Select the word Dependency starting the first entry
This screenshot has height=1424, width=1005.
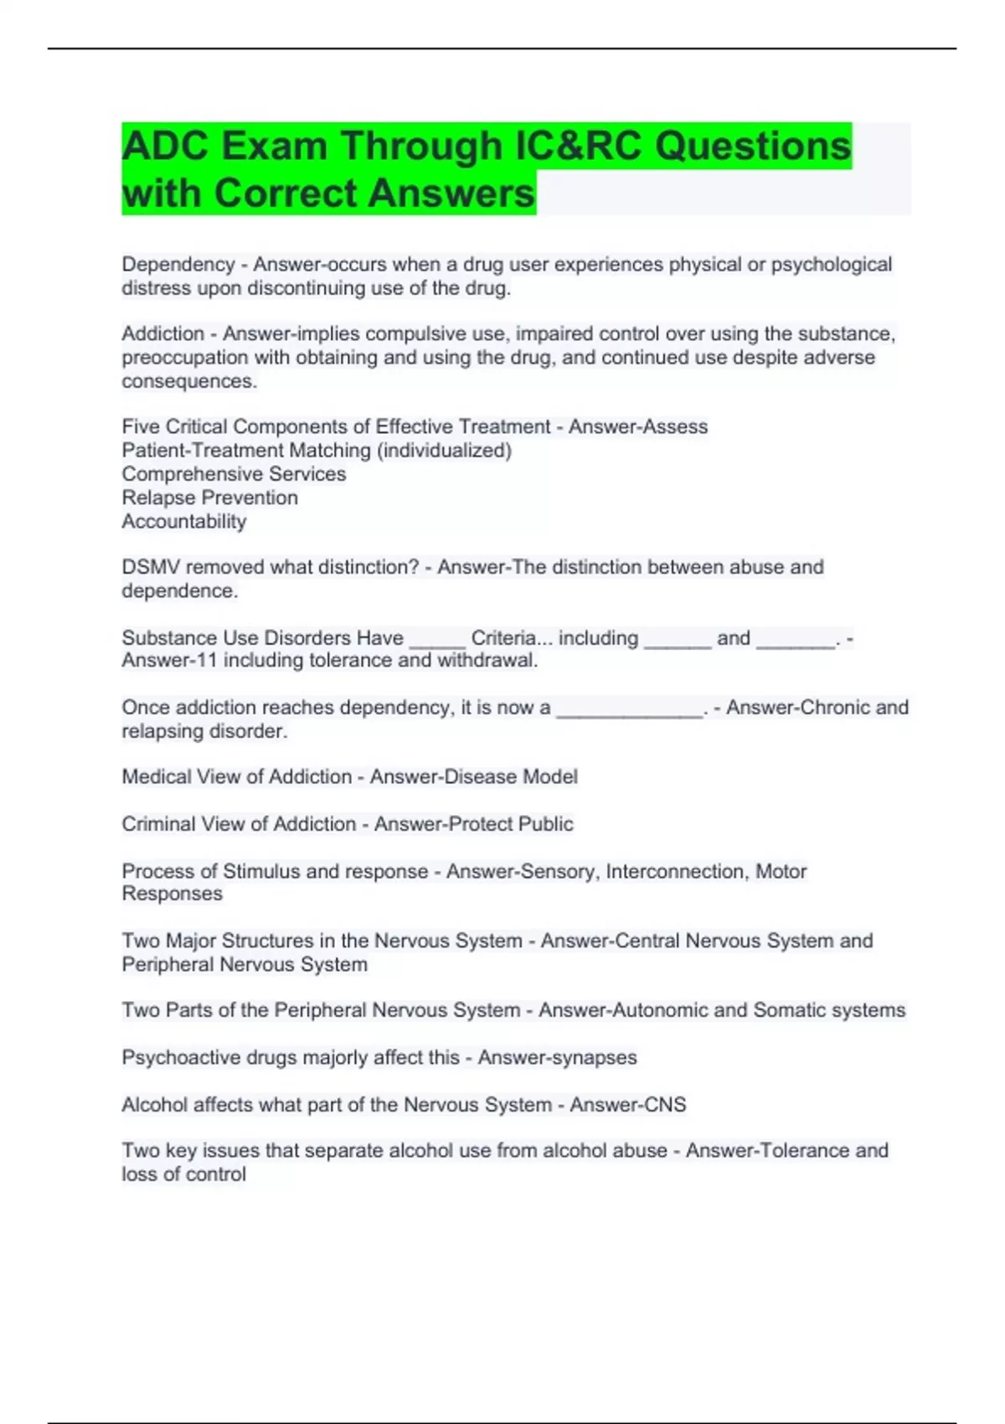tap(178, 265)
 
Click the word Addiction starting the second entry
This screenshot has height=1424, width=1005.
tap(163, 334)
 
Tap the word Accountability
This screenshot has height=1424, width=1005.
tap(184, 522)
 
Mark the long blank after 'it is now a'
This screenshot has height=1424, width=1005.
tap(629, 709)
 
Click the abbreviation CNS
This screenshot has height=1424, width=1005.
tap(664, 1105)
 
